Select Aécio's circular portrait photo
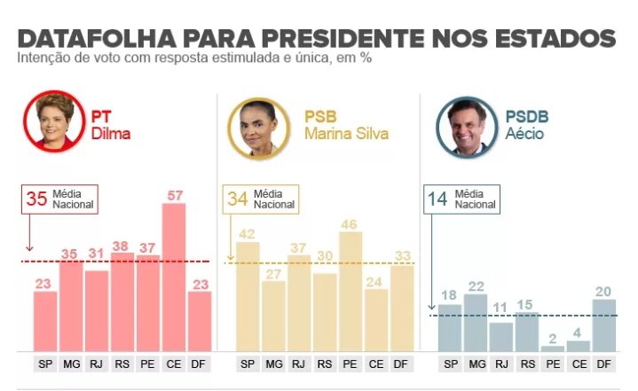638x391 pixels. [468, 127]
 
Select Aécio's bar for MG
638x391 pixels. [476, 322]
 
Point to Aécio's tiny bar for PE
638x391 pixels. [552, 348]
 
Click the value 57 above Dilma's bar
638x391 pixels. [174, 194]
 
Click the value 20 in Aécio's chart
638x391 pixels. [604, 291]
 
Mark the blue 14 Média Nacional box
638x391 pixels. [462, 199]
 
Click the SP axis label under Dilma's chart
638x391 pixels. [45, 364]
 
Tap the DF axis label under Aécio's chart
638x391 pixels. [604, 364]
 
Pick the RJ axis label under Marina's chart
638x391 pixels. [300, 364]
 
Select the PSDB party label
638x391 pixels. [527, 117]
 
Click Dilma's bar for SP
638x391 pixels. [45, 321]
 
